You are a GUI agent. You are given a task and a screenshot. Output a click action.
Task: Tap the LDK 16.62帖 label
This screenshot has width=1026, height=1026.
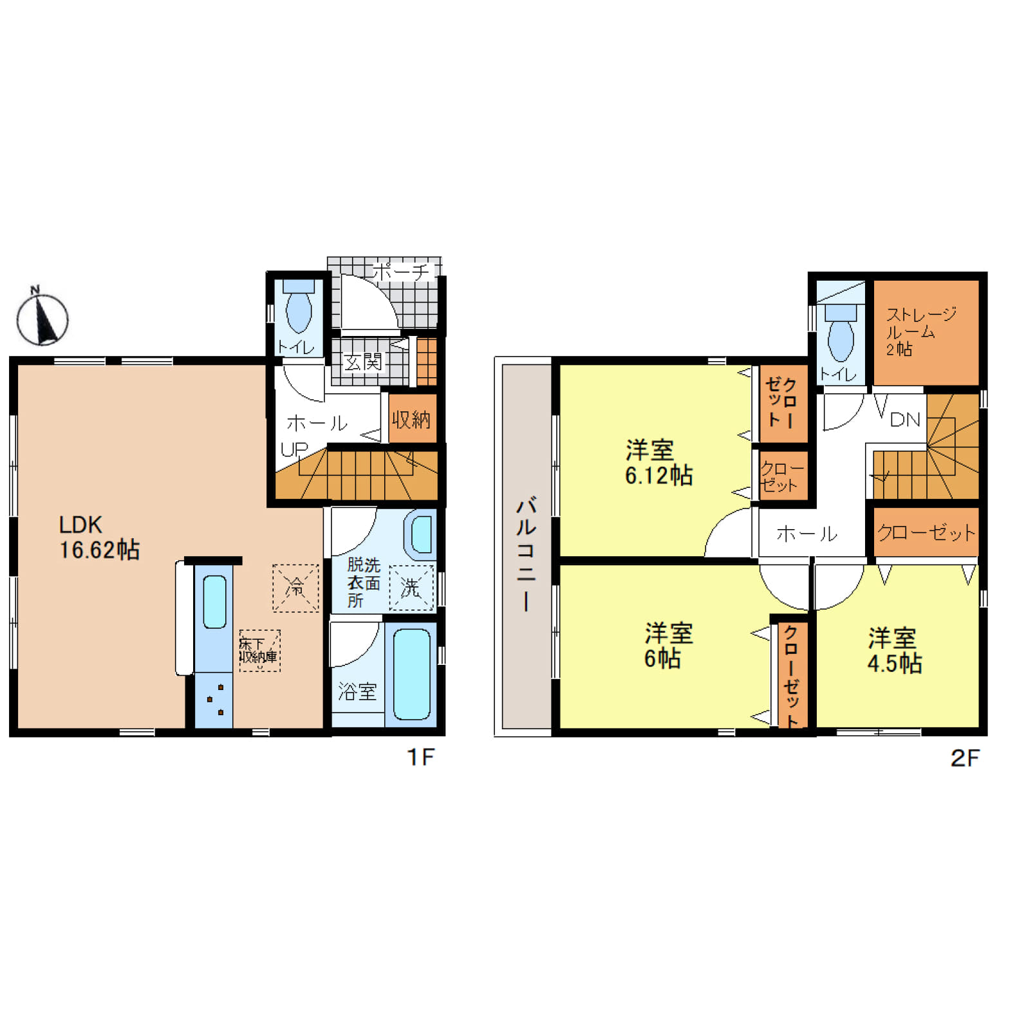(x=98, y=537)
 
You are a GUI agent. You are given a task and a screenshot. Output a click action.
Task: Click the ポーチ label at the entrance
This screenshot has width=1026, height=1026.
(x=400, y=272)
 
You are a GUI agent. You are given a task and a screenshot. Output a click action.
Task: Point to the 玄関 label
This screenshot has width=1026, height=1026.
(x=363, y=362)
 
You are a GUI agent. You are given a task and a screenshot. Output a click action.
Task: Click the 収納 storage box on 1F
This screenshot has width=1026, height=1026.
(x=411, y=420)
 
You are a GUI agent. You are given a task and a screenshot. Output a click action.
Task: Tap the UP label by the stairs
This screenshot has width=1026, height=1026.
(x=294, y=449)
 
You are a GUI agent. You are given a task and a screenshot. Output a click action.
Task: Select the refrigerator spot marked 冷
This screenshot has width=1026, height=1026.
(x=295, y=588)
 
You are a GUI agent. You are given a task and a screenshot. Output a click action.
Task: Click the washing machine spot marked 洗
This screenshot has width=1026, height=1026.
(x=411, y=588)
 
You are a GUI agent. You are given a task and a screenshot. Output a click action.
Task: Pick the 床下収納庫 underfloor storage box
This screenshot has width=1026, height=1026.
(x=259, y=651)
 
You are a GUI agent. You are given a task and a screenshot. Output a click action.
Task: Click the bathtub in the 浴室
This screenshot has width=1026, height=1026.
(x=411, y=674)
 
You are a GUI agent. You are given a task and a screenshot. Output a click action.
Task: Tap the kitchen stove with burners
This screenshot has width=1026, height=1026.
(x=214, y=700)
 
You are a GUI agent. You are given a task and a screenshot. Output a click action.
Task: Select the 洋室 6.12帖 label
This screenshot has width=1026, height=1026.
(x=658, y=462)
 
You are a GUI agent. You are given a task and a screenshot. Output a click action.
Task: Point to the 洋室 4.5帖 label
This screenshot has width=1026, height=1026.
(x=894, y=650)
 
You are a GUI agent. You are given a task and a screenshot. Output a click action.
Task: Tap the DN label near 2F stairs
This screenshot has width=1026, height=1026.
(x=904, y=420)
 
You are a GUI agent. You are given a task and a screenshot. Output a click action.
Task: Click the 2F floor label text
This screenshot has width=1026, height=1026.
(x=964, y=758)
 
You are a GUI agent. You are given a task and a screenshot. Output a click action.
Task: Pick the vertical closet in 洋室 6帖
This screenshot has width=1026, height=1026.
(x=791, y=675)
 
